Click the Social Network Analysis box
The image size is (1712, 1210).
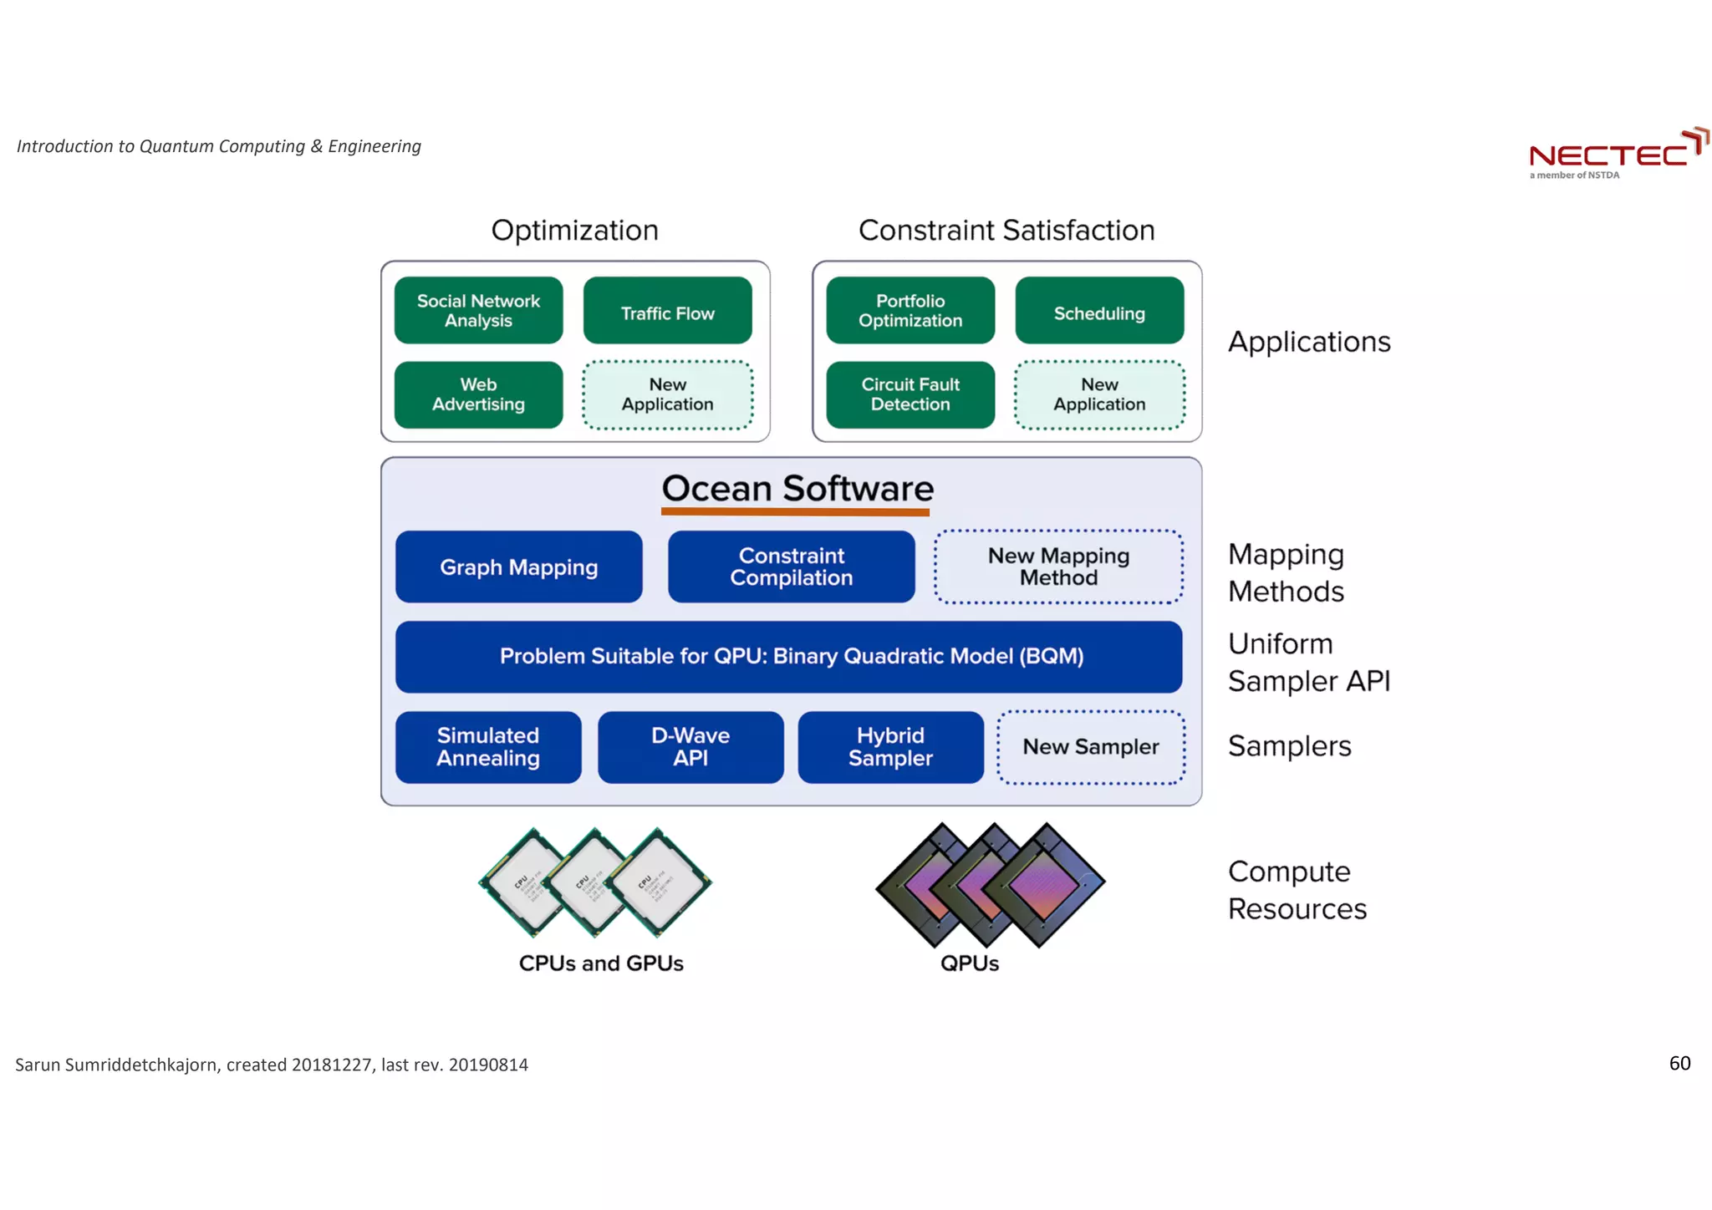tap(478, 310)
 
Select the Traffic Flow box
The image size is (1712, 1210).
tap(667, 311)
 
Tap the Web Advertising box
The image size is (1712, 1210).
tap(478, 394)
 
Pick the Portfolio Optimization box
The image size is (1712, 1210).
tap(910, 310)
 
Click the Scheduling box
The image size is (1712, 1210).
tap(1099, 311)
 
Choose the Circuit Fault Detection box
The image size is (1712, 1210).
tap(910, 394)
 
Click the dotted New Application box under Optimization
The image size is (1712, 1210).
tap(667, 394)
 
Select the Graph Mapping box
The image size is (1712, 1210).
tap(518, 567)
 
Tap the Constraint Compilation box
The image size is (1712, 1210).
tap(791, 567)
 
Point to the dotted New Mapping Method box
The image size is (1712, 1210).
tap(1058, 567)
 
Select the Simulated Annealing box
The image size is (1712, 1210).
tap(488, 747)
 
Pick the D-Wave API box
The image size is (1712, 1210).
tap(690, 747)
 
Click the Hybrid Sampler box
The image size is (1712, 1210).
tap(890, 747)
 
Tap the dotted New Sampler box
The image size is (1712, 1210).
tap(1090, 747)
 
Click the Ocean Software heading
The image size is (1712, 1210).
tap(797, 489)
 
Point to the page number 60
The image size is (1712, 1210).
tap(1679, 1063)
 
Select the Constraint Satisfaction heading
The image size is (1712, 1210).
tap(1006, 230)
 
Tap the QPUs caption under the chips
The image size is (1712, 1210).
tap(969, 963)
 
